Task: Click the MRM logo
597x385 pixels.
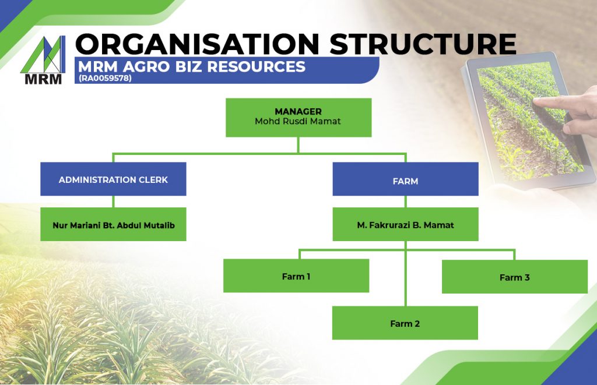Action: tap(43, 60)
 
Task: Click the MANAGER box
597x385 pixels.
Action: tap(298, 117)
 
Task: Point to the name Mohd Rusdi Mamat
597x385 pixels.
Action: tap(298, 122)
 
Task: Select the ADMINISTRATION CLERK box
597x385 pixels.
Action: tap(113, 179)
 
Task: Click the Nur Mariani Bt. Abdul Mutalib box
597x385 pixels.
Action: tap(113, 224)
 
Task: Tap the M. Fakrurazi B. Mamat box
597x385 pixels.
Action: tap(405, 224)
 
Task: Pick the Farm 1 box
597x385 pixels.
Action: tap(296, 276)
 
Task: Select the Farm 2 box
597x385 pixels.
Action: tap(405, 323)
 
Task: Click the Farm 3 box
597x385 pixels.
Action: tap(514, 277)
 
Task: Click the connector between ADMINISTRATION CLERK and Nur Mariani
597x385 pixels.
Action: tap(113, 202)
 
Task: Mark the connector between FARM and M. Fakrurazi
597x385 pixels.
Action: tap(405, 202)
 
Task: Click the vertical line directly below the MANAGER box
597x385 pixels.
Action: tap(298, 145)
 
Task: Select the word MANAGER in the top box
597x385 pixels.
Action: tap(298, 111)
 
